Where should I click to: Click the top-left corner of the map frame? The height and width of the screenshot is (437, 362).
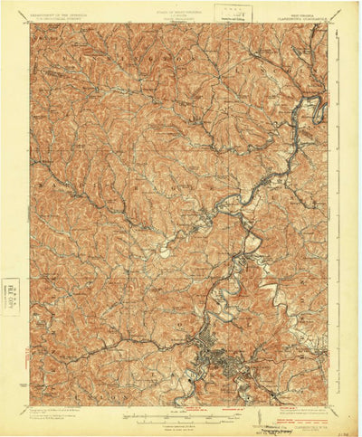pyautogui.click(x=30, y=24)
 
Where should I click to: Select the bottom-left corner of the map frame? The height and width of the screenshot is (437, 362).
pyautogui.click(x=30, y=407)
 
